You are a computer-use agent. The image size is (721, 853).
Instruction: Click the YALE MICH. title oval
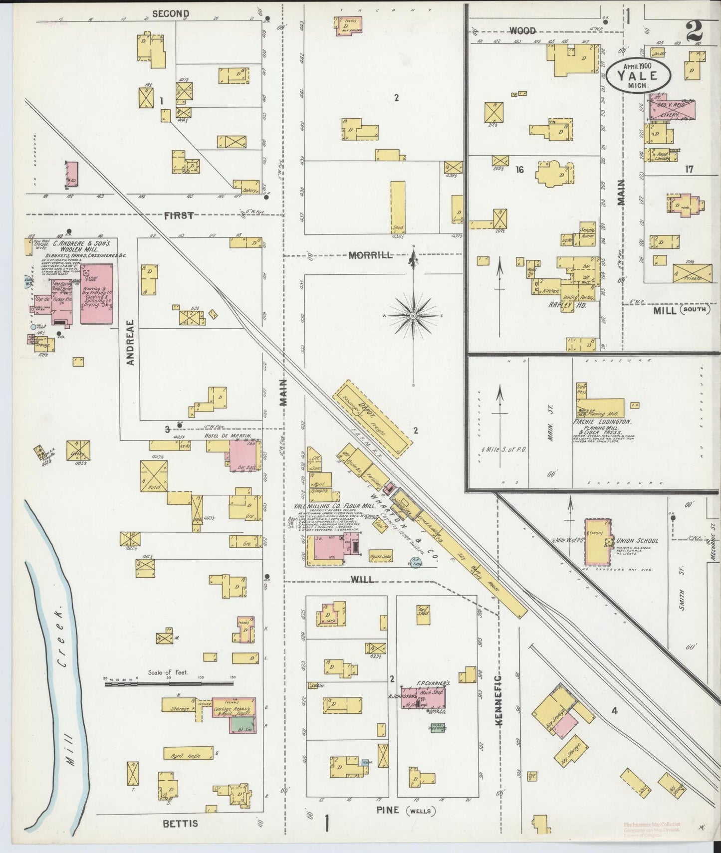[x=639, y=76]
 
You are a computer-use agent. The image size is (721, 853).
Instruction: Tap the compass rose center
[x=414, y=316]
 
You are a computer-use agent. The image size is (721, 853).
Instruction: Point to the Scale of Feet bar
[x=170, y=684]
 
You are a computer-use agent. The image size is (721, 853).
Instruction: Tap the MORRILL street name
[x=370, y=255]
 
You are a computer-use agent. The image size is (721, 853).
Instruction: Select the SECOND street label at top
[x=170, y=14]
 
